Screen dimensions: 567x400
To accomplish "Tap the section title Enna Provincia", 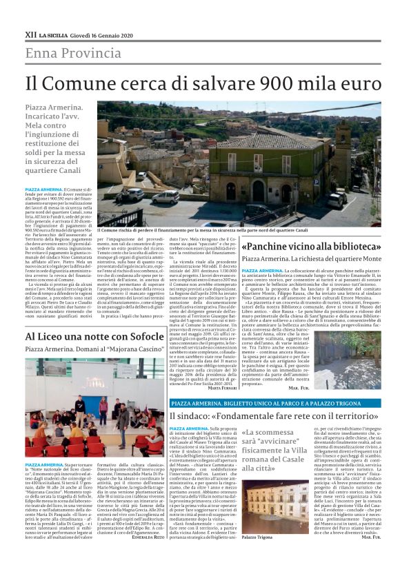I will [x=74, y=53].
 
